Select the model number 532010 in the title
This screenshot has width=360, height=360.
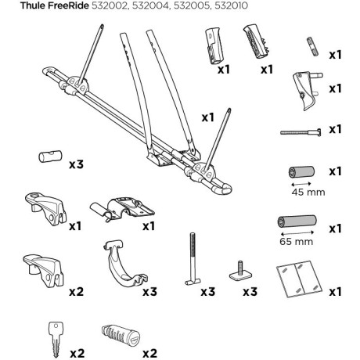231,5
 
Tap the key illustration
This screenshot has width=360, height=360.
56,340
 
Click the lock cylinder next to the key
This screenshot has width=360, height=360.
121,336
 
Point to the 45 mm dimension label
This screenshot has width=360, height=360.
308,193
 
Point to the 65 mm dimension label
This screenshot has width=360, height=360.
296,241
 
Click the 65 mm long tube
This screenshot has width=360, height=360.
297,221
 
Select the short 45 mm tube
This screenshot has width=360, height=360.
301,172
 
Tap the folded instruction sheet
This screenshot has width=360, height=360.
299,279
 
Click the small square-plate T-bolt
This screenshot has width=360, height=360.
241,272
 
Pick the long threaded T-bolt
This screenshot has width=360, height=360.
193,259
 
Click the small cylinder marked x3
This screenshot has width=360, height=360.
50,157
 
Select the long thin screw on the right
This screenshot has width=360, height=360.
301,132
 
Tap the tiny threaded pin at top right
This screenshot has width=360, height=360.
312,46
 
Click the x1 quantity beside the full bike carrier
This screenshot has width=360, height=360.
208,117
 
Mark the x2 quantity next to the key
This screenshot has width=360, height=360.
77,354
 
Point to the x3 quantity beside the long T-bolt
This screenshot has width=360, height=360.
208,292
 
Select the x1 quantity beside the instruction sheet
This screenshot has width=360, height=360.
335,292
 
